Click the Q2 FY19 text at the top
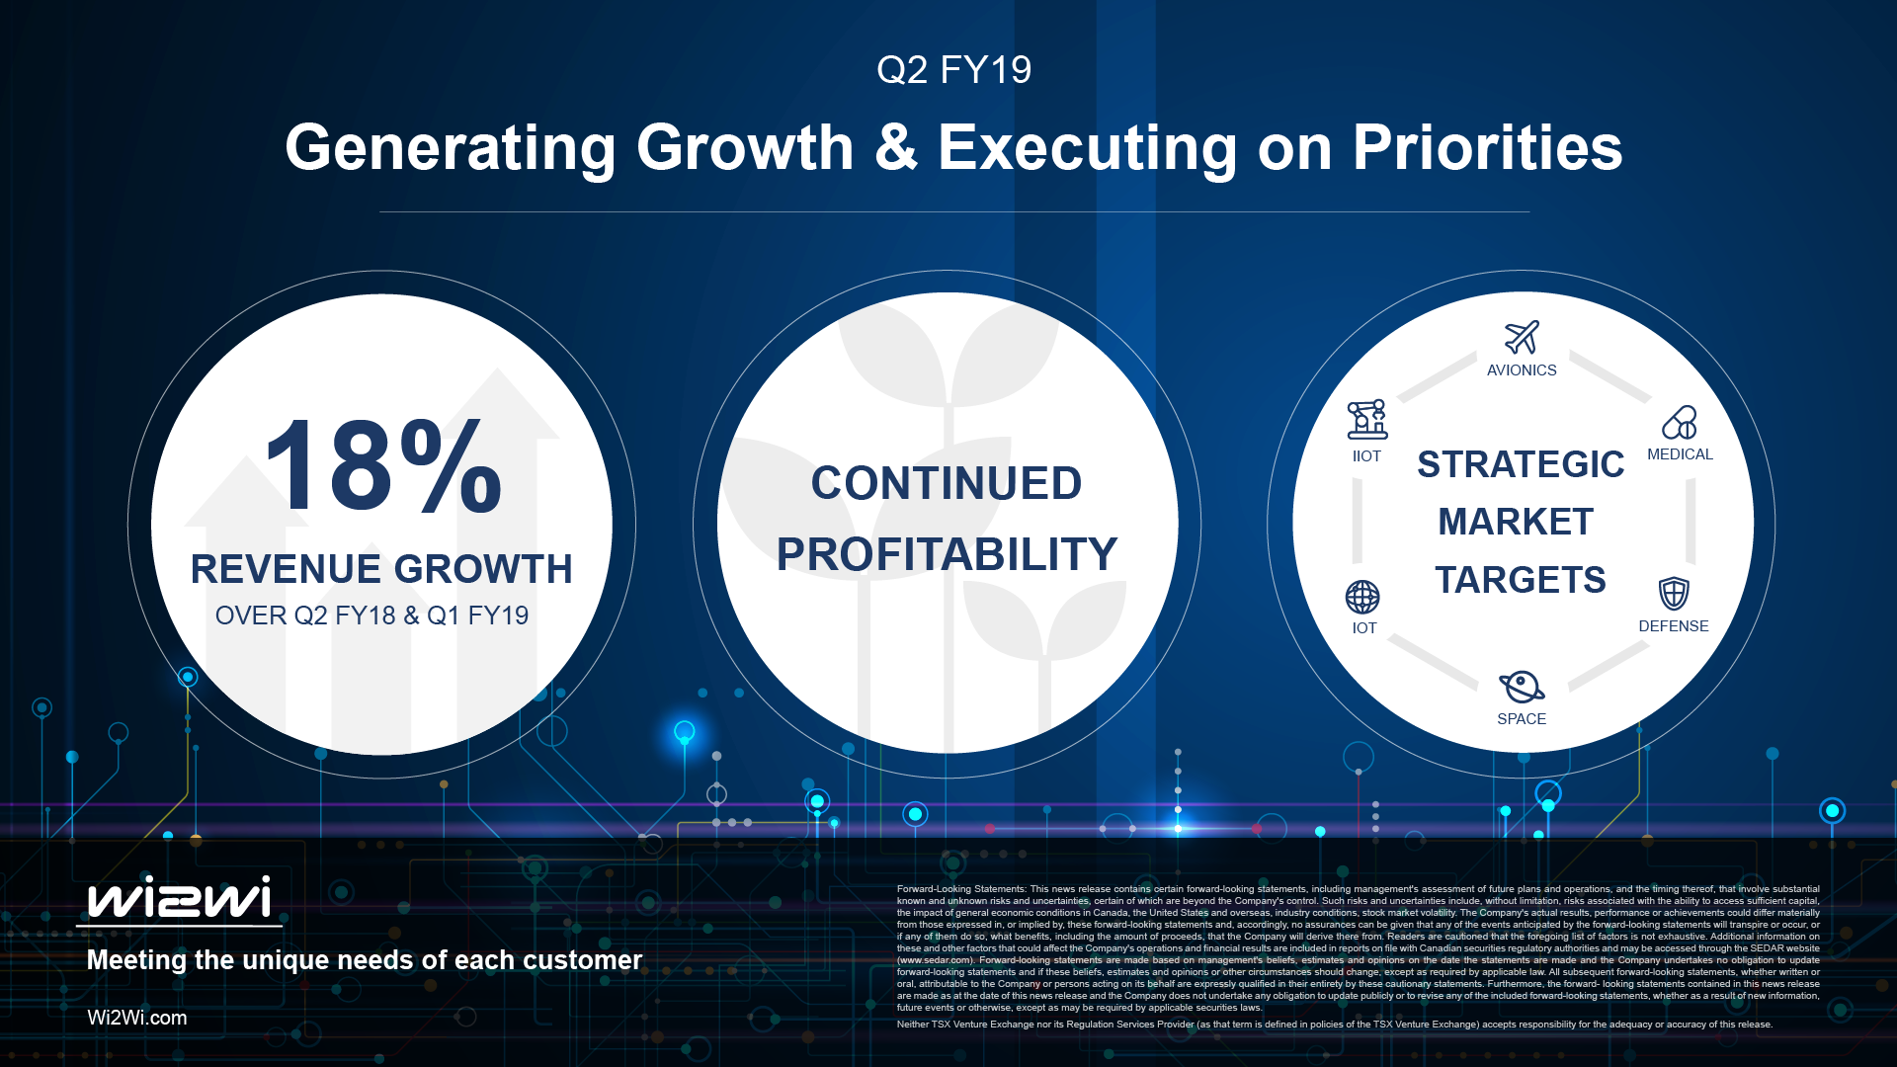pos(953,70)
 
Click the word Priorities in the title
pos(1487,148)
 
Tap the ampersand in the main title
pos(895,148)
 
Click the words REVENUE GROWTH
pos(381,569)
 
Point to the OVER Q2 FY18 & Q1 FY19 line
pos(371,616)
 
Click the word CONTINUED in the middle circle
pos(947,483)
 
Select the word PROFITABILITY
pos(947,554)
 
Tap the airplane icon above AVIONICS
pos(1522,337)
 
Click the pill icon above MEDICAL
pos(1679,422)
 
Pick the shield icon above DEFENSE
pos(1673,593)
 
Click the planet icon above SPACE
pos(1521,686)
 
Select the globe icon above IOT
pos(1362,597)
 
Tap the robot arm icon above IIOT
pos(1367,420)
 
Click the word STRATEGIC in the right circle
pos(1521,464)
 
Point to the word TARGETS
pos(1521,580)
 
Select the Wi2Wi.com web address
pos(136,1018)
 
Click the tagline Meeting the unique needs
pos(364,960)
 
